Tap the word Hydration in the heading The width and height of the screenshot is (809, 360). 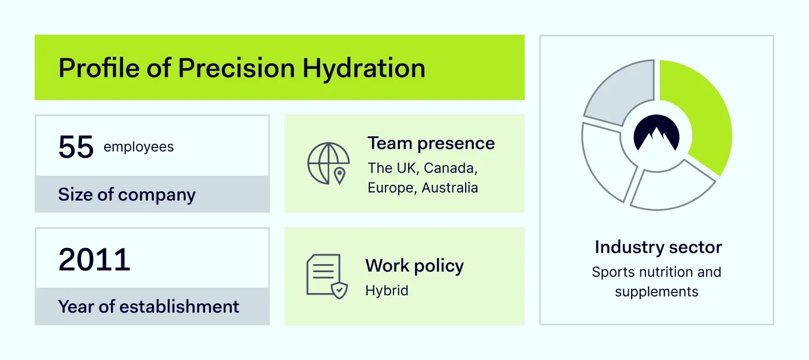364,68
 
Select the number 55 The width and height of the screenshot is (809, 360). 76,147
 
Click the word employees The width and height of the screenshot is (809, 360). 139,147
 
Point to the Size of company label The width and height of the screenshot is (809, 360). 127,195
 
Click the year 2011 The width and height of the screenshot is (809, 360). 94,260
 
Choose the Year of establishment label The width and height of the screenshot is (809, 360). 149,306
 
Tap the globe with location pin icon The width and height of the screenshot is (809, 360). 328,164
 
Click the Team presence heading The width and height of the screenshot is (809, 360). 431,143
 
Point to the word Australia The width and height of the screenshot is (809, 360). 450,188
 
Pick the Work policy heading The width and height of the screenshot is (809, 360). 414,266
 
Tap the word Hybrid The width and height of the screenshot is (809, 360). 387,290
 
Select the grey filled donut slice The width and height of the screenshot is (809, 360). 617,95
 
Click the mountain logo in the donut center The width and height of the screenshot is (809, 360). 656,135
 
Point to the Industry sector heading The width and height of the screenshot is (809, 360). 658,247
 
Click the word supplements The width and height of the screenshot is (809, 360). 656,292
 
